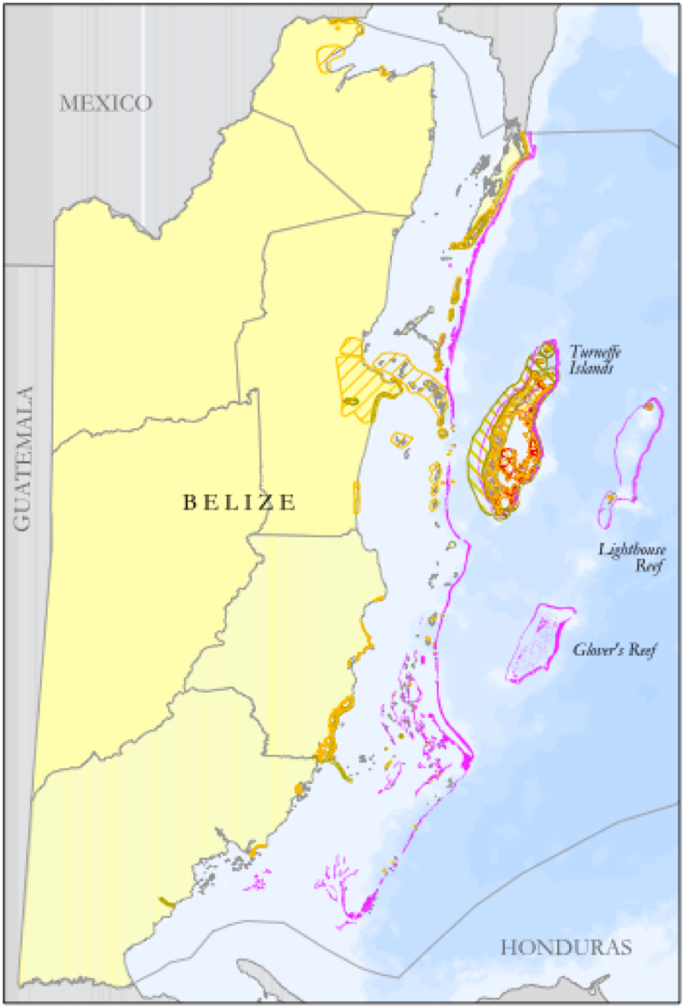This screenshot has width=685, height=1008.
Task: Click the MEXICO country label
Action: [105, 103]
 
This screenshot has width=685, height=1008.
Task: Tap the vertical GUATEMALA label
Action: [22, 458]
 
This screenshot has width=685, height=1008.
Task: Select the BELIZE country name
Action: [239, 502]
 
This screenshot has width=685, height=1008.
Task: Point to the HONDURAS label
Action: [566, 947]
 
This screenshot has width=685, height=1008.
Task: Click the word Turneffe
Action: [595, 352]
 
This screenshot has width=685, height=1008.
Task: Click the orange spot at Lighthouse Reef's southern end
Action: [610, 498]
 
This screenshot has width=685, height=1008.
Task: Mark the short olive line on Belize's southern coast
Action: [167, 902]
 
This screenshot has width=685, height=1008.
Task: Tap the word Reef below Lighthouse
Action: [644, 566]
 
